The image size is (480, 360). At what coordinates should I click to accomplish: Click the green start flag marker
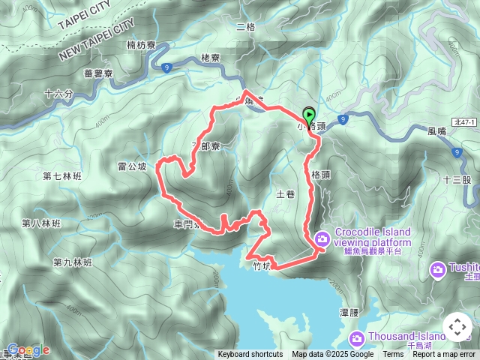click(309, 116)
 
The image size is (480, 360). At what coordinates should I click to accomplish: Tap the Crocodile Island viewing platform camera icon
click(322, 238)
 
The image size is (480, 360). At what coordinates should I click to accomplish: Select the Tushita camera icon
click(437, 268)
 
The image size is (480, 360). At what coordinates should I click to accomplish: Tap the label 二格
click(245, 28)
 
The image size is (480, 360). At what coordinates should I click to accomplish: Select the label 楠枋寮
click(141, 46)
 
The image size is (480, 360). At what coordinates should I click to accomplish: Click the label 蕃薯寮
click(98, 73)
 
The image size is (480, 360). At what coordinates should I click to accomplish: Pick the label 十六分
click(58, 94)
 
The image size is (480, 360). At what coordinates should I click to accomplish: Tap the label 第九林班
click(72, 262)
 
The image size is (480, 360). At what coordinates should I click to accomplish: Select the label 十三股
click(457, 180)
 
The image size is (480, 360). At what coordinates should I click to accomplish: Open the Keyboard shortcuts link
click(250, 355)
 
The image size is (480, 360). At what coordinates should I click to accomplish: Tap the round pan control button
click(457, 327)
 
